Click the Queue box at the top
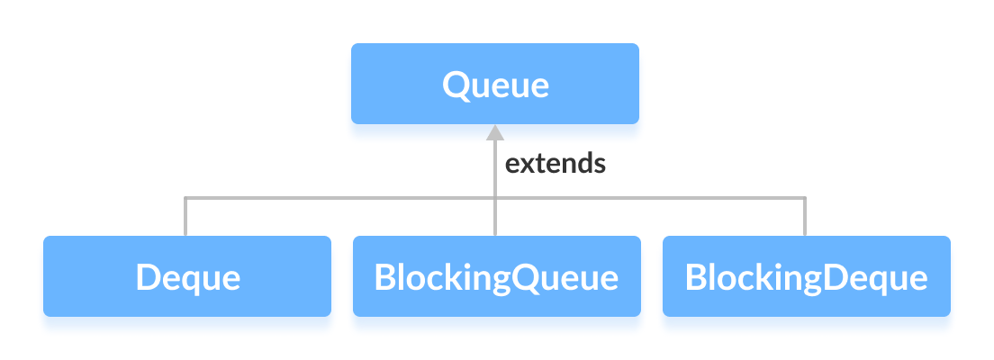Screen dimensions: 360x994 494,84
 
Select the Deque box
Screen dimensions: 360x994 187,276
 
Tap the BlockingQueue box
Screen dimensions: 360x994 496,276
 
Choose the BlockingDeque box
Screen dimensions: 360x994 806,276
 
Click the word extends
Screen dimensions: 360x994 555,164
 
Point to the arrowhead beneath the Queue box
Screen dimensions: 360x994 494,133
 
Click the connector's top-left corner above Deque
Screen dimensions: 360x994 185,197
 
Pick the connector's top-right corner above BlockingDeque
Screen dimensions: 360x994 805,197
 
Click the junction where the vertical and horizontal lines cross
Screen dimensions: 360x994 494,197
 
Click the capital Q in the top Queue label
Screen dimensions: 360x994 456,85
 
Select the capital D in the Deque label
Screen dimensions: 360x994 148,277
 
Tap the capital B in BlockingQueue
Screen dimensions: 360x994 384,277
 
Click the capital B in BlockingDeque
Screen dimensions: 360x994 694,277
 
